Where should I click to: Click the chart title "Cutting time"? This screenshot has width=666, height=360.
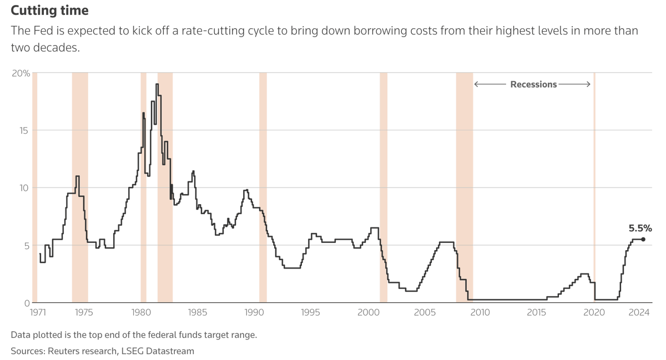tap(49, 11)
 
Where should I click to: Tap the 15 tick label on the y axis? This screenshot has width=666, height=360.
tap(24, 130)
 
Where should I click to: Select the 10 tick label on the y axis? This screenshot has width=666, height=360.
tap(24, 187)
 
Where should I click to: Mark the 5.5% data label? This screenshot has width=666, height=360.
tap(640, 228)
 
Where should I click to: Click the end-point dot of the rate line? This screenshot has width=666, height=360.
tap(643, 239)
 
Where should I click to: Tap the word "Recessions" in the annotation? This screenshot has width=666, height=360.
tap(533, 84)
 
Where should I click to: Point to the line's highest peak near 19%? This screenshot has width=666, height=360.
tap(157, 84)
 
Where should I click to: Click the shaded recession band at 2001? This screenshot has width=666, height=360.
tap(384, 166)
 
